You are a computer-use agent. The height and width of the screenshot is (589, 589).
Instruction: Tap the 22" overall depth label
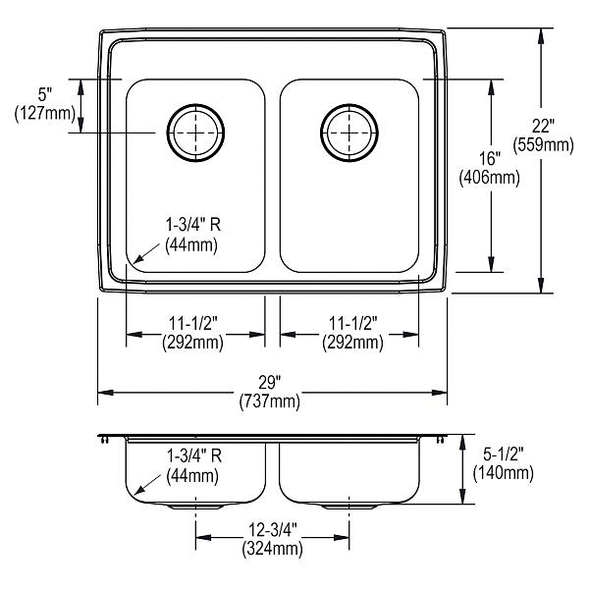point(543,126)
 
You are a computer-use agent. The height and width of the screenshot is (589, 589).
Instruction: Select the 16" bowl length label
point(490,158)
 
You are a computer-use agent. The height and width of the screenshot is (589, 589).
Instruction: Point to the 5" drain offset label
point(45,94)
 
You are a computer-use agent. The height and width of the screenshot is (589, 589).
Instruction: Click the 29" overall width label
point(270,383)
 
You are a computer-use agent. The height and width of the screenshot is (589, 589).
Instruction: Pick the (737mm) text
point(270,402)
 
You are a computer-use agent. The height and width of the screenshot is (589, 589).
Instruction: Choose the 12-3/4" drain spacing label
point(273,530)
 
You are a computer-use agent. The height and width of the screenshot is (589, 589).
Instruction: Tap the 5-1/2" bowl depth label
point(504,455)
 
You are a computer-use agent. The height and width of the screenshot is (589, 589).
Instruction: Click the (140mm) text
point(504,473)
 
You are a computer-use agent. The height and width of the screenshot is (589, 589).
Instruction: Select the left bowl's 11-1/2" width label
point(193,323)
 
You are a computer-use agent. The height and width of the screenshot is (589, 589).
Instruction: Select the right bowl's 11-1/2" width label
point(353,323)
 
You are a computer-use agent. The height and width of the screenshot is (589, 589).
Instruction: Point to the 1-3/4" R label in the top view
point(193,225)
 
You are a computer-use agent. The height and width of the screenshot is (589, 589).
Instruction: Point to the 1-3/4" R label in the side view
point(194,455)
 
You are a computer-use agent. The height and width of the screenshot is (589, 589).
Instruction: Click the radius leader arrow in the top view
point(147,253)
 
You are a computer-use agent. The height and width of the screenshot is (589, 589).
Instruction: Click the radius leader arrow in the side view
point(147,484)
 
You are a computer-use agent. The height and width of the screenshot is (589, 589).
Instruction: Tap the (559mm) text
point(544,144)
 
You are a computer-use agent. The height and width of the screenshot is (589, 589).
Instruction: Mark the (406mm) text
point(490,178)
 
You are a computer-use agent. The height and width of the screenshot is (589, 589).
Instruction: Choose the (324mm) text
point(272,549)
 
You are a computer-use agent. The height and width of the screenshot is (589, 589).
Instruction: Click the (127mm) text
point(45,113)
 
